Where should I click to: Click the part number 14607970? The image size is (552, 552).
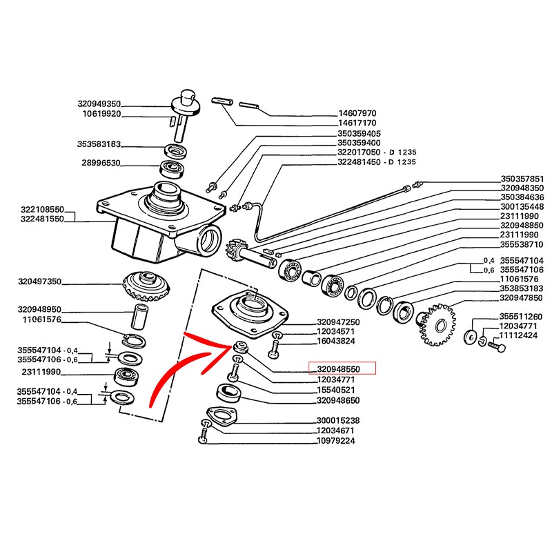357,112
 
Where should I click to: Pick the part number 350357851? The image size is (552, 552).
522,178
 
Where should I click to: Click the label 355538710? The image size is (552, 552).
522,244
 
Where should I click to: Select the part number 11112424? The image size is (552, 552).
522,335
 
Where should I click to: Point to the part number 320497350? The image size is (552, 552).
40,282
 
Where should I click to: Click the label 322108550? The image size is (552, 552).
40,208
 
